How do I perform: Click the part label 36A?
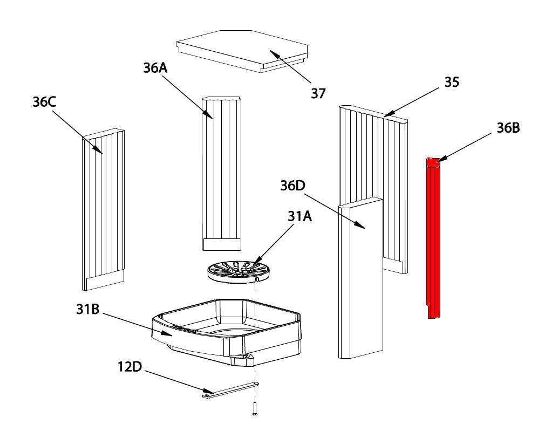(x=155, y=68)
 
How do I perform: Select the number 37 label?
(x=318, y=93)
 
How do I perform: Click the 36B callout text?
(x=508, y=129)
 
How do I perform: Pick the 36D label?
(x=292, y=185)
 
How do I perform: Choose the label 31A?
(x=299, y=217)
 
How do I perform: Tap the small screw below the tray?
(x=254, y=408)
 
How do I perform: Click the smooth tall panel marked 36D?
(x=360, y=280)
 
